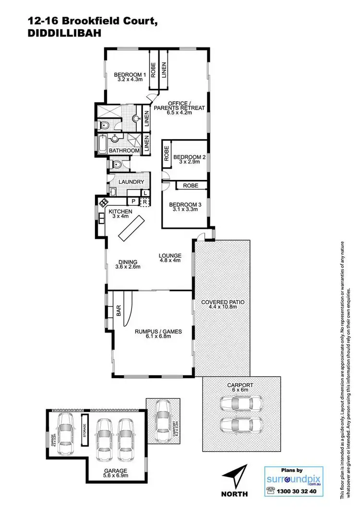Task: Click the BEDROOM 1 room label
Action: coord(130,75)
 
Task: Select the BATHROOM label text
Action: coord(124,151)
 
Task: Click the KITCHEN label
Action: coord(120,212)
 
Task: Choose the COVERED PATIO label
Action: coord(223,302)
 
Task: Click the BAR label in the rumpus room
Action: coord(119,311)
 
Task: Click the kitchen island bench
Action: coord(132,228)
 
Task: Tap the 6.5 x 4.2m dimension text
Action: coord(179,113)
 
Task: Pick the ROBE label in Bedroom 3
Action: coord(191,185)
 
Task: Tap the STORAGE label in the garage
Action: coord(85,426)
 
